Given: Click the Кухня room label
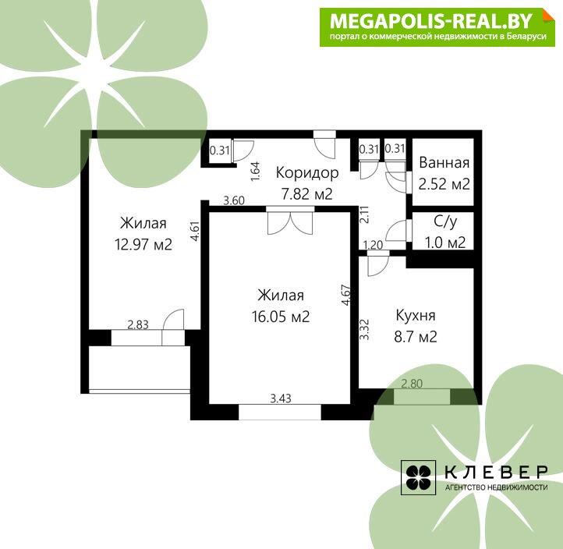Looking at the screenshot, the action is tap(416, 315).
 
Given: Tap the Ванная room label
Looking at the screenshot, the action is tap(444, 163).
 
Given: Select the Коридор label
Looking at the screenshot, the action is tap(307, 173).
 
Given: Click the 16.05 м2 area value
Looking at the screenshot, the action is tap(281, 317).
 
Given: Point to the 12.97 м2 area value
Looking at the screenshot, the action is tap(143, 245).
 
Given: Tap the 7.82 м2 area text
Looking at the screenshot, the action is tap(307, 194).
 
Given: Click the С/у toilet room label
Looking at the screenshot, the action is tap(445, 221).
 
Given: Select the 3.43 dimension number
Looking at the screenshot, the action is tap(281, 398).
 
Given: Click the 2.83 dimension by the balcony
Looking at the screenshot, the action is tap(138, 324).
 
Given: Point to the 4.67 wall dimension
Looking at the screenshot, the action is tap(346, 295).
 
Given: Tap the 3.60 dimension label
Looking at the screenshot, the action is tap(234, 200).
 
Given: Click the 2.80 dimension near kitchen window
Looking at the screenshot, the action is tap(412, 384).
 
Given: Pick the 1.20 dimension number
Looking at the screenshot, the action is tap(373, 245).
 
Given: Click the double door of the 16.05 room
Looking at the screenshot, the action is tap(290, 221).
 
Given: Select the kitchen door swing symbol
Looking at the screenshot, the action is tap(377, 263).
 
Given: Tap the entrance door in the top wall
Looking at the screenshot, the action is tap(325, 144).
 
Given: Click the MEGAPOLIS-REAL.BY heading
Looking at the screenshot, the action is tap(431, 21).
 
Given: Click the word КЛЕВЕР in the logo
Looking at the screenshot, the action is tap(497, 472).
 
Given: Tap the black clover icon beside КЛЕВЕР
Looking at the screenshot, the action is tap(418, 477).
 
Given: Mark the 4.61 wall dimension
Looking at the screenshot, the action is tap(195, 231).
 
